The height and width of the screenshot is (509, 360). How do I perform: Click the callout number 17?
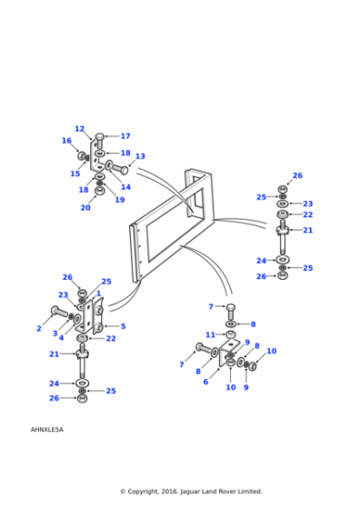(x=125, y=136)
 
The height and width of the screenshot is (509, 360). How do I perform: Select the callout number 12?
(x=79, y=129)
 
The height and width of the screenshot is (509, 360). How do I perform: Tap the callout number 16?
(x=66, y=141)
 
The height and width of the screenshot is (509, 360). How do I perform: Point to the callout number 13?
(x=140, y=156)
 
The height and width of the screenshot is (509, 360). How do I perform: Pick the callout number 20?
(x=85, y=207)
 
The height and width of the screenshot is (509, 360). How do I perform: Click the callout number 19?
(x=120, y=200)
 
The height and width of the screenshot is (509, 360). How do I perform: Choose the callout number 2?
(x=39, y=328)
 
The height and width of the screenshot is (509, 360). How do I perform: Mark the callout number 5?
(x=123, y=326)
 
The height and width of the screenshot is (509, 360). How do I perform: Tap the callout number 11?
(x=210, y=334)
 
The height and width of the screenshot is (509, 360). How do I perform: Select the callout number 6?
(x=205, y=382)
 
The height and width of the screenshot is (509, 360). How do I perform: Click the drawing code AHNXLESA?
(x=46, y=429)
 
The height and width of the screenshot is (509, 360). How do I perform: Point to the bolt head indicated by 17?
(x=100, y=136)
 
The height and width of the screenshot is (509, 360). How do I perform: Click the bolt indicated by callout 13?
(x=120, y=168)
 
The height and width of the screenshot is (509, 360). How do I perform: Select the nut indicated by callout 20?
(x=99, y=191)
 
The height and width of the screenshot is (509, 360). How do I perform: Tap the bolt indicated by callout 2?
(x=58, y=312)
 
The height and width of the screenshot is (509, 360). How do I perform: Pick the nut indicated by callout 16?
(x=82, y=155)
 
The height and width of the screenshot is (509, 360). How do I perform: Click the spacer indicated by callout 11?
(x=231, y=334)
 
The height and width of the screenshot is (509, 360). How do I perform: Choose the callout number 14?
(x=125, y=187)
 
